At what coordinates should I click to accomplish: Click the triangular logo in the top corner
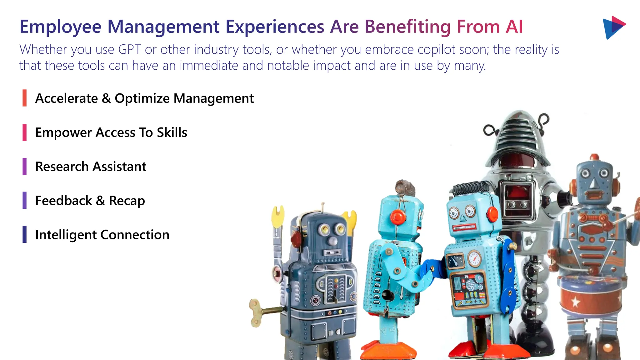pos(613,27)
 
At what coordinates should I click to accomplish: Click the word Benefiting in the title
pos(407,27)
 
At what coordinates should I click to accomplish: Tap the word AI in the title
pos(514,27)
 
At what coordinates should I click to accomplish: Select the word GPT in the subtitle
pos(129,50)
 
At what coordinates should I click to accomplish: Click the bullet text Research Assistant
pos(91,167)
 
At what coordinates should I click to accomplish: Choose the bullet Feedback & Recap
pos(90,201)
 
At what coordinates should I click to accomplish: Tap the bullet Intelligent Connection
pos(102,235)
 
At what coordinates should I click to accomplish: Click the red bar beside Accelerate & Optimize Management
pos(24,98)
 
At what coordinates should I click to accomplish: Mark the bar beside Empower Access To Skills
pos(24,132)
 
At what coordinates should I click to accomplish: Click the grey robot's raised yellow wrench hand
pos(278,216)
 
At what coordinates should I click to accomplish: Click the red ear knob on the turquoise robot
pos(397,216)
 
